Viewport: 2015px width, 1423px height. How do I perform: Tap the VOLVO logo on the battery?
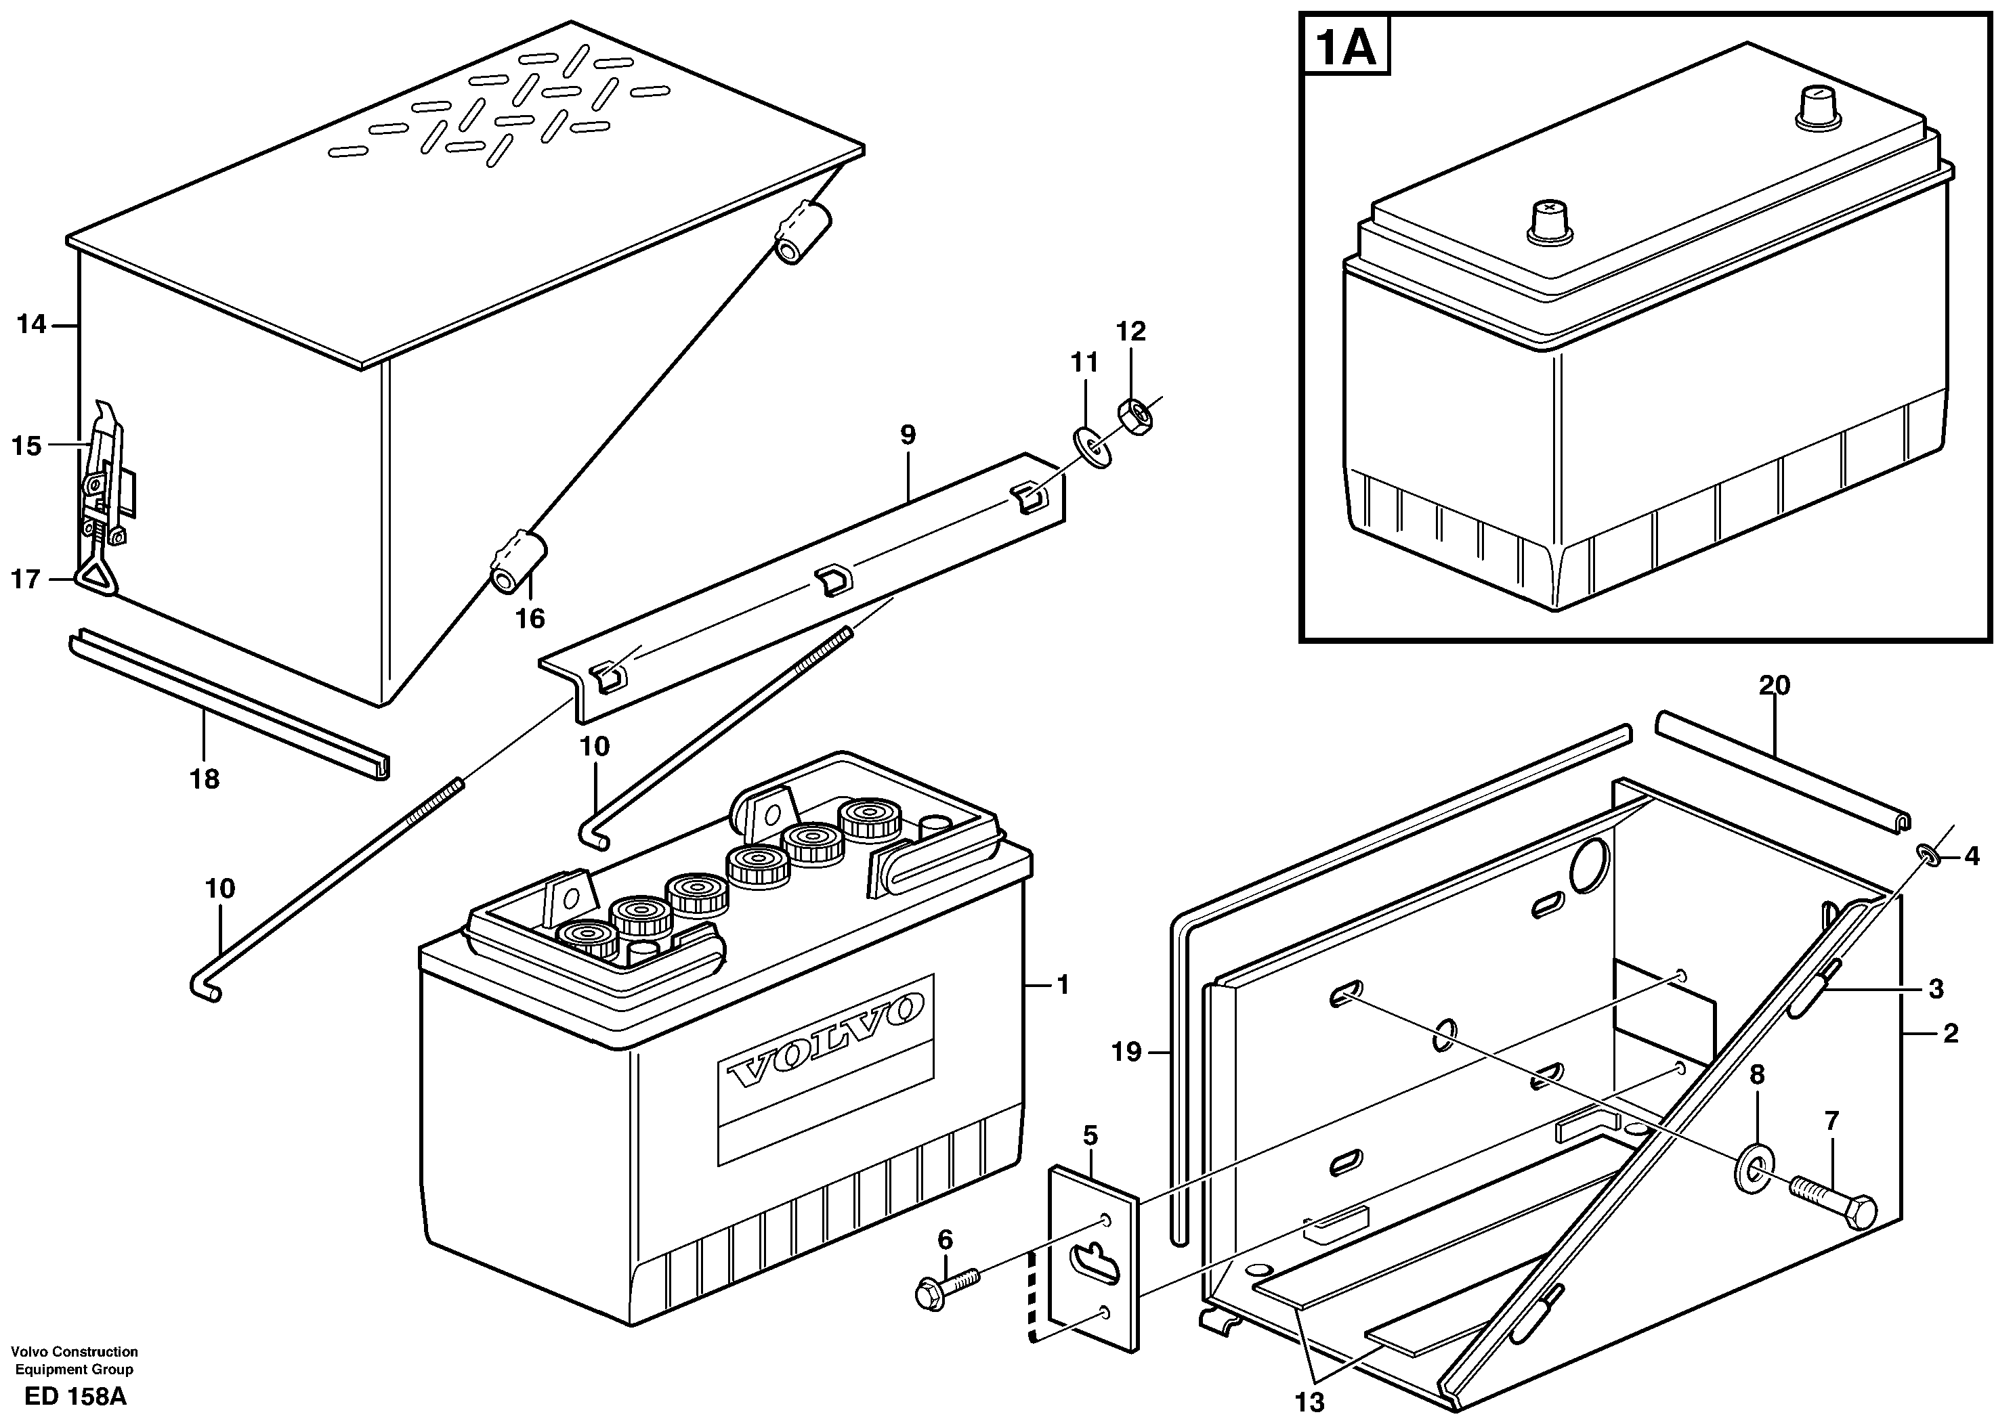click(826, 1041)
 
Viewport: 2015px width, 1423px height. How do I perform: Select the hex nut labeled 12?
click(1137, 414)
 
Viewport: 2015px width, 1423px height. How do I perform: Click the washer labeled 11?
click(1092, 447)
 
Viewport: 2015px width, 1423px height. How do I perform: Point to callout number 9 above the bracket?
click(908, 434)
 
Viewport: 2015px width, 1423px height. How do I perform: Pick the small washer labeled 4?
click(1926, 853)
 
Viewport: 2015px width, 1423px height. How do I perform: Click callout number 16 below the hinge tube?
click(530, 619)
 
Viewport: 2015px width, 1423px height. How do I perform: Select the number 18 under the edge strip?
click(205, 778)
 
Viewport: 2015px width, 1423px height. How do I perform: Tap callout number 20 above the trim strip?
click(1774, 685)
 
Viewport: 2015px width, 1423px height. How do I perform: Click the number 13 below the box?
click(1309, 1403)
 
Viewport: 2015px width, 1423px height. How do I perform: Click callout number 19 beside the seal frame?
click(1127, 1051)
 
